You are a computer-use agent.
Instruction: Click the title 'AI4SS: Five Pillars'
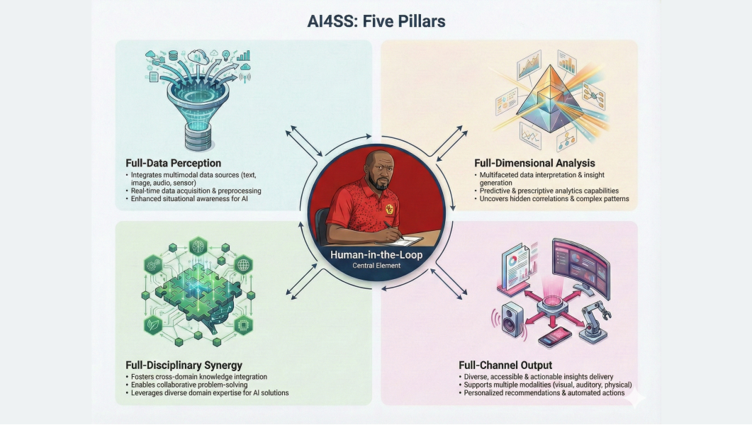point(376,21)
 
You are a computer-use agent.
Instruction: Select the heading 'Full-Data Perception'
point(173,163)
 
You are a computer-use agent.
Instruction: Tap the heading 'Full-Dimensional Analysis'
point(534,163)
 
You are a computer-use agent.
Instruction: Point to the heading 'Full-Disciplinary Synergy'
point(184,365)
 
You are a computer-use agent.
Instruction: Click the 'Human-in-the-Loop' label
point(376,255)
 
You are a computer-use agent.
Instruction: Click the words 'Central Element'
point(376,266)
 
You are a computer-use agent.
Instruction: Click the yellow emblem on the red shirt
point(389,210)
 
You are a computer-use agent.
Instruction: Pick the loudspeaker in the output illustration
point(512,319)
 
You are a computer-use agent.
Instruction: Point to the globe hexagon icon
point(243,264)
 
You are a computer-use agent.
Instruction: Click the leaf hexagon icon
point(154,325)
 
